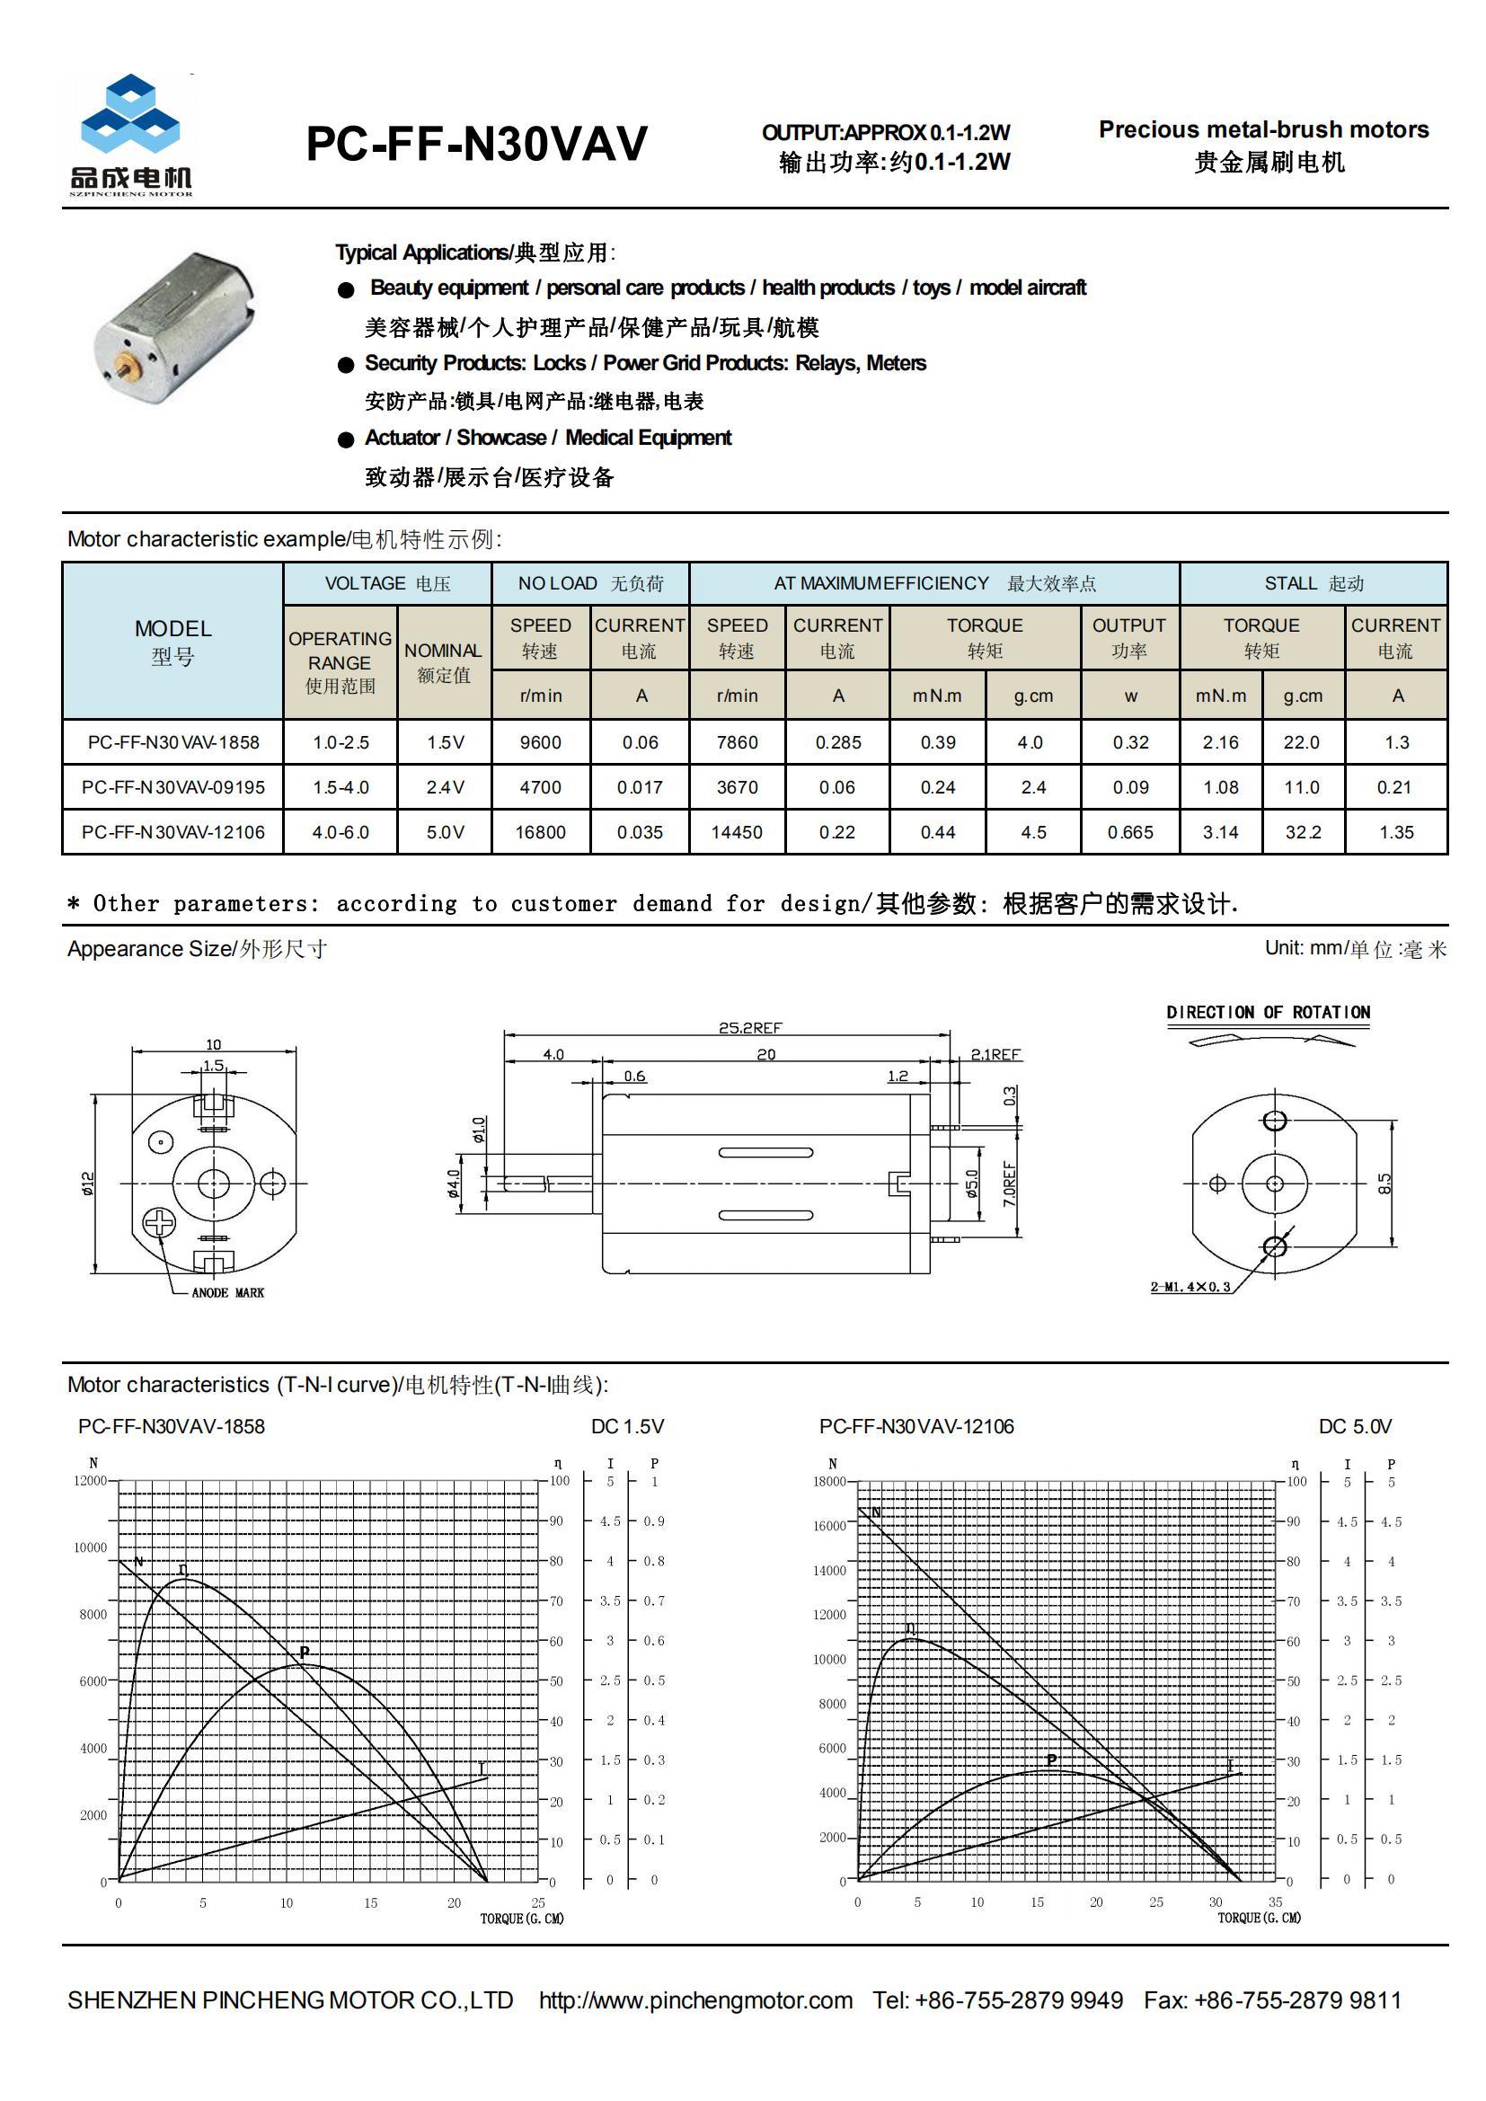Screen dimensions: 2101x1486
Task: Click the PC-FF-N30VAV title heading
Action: pos(476,144)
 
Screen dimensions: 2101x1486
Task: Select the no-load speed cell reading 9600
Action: pos(540,742)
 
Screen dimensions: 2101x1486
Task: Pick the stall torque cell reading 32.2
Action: pos(1302,832)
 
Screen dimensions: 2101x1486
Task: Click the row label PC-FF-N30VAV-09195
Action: pos(172,787)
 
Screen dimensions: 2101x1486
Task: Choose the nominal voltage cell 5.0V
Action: pos(445,832)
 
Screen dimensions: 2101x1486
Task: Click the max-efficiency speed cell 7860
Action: pos(737,742)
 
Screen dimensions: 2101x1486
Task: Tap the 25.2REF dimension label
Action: pos(750,1028)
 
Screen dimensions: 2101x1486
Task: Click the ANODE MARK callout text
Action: pos(228,1293)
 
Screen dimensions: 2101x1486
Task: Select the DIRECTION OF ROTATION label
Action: pos(1268,1012)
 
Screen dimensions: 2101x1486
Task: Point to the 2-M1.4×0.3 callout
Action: pos(1190,1287)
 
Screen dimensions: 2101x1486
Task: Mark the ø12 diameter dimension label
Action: pos(88,1183)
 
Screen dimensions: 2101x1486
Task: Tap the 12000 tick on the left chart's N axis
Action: pos(90,1481)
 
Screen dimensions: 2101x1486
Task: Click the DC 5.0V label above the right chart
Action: pos(1354,1427)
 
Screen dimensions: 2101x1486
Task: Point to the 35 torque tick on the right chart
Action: pos(1275,1902)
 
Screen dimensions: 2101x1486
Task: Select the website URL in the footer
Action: pos(695,2000)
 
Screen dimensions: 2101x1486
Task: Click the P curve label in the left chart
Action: pos(305,1653)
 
